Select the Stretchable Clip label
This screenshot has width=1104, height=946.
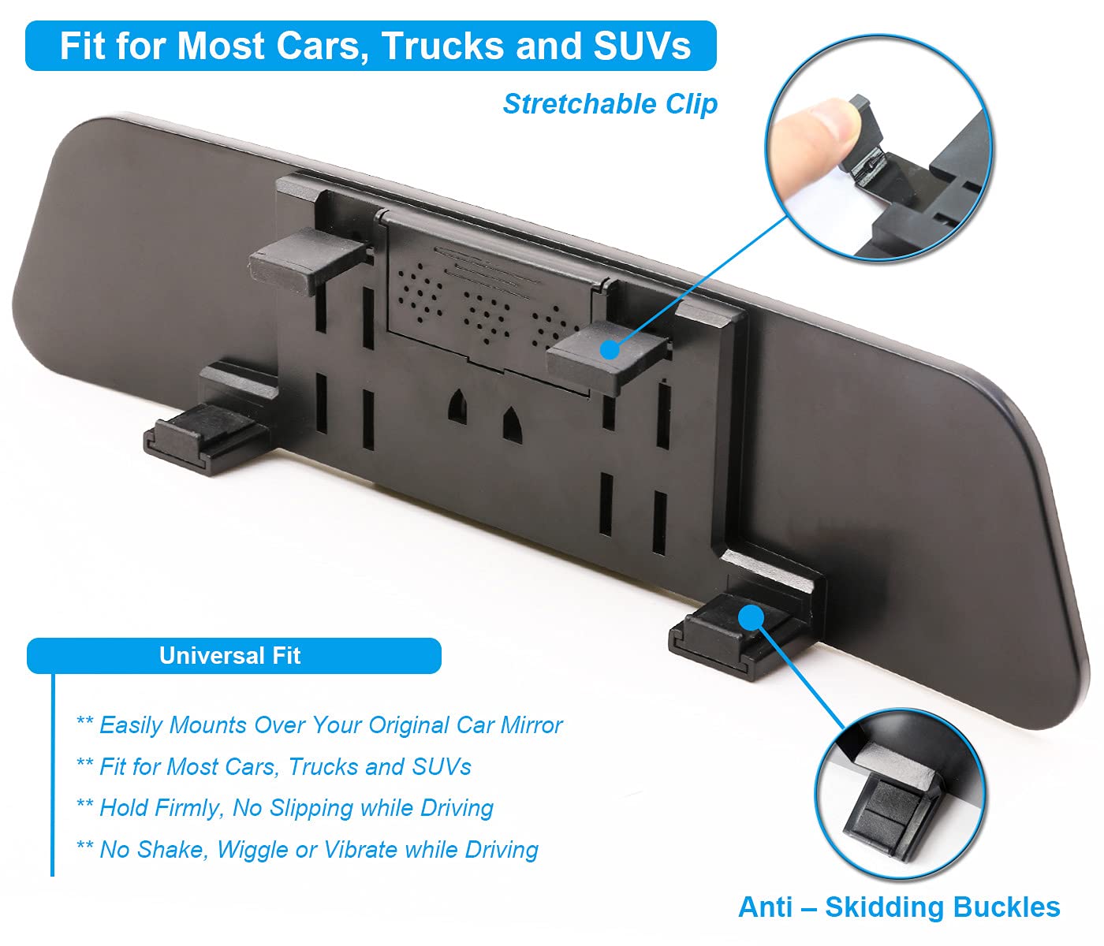point(610,103)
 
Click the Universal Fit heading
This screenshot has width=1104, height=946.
point(229,656)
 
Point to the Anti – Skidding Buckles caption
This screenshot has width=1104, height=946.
point(899,907)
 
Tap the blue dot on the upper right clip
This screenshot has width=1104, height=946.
point(609,349)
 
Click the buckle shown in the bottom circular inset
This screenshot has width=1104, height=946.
point(887,808)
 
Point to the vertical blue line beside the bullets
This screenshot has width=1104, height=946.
point(53,773)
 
